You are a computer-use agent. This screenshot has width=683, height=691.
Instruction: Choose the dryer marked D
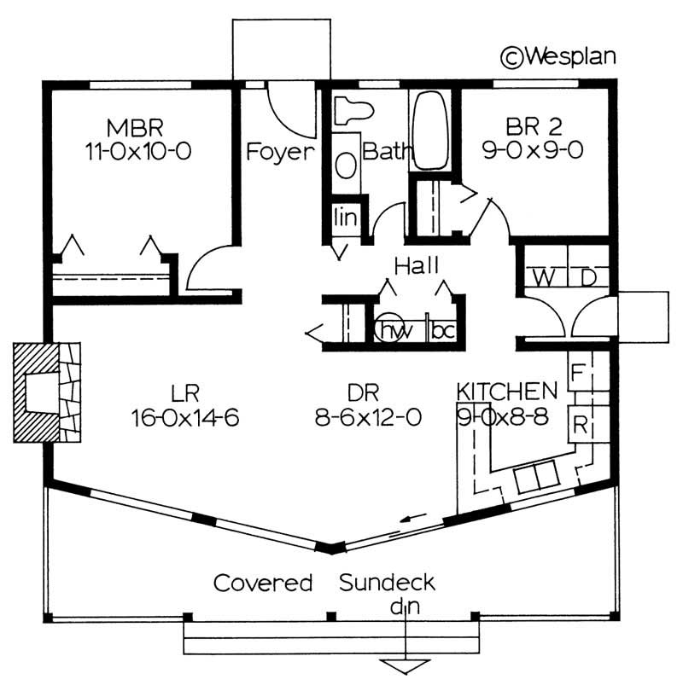[x=588, y=277]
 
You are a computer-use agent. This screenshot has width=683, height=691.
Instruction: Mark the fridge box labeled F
[x=578, y=373]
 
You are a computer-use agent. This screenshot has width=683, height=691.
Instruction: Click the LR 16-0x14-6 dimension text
[x=184, y=418]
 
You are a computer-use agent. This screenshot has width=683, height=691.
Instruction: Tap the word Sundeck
[x=387, y=583]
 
